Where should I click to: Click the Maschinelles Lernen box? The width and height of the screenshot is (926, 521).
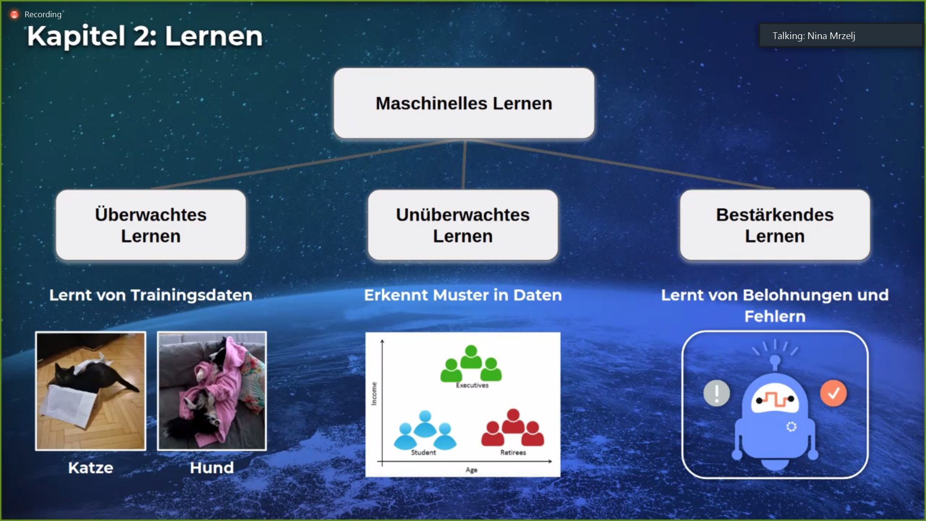464,103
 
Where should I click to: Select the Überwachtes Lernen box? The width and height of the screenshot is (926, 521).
151,225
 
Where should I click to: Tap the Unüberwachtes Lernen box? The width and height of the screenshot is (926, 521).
463,225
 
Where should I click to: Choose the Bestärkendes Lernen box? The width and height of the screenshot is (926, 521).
775,225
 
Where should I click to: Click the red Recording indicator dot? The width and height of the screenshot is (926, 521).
14,14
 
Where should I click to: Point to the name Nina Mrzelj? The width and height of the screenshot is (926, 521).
831,36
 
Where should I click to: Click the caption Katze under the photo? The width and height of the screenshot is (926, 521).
91,467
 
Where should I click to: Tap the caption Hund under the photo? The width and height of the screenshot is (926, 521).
212,467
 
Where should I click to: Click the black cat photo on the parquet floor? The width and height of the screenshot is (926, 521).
91,391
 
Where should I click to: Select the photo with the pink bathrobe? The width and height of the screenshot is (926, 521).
212,391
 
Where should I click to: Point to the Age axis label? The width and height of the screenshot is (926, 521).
472,470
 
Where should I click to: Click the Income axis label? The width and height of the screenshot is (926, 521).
374,394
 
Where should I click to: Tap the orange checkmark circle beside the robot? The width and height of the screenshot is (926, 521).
833,393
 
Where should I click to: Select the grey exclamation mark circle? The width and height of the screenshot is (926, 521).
717,393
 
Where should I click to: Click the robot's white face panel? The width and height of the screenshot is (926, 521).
775,399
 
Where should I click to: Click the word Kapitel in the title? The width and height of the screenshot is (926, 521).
76,36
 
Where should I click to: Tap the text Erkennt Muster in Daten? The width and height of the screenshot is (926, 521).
463,295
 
